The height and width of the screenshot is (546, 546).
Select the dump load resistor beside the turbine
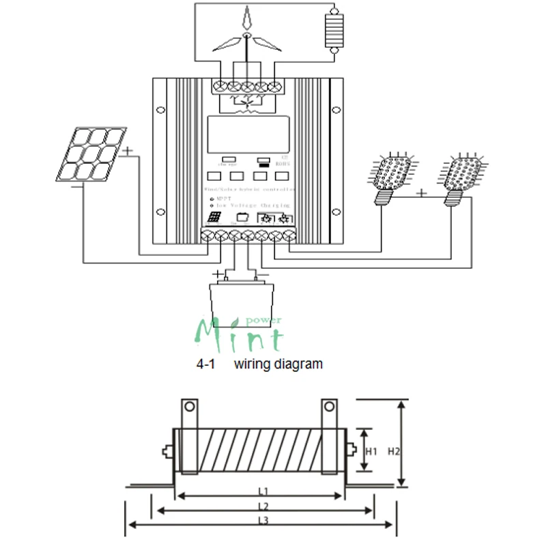click(333, 30)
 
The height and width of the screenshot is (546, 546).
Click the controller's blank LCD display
click(247, 134)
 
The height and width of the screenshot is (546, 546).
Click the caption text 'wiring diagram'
click(278, 364)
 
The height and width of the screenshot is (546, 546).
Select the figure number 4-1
click(206, 364)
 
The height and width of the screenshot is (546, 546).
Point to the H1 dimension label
click(372, 451)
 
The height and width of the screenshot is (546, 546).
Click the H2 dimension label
click(394, 451)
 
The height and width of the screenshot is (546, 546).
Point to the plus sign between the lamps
click(422, 193)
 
